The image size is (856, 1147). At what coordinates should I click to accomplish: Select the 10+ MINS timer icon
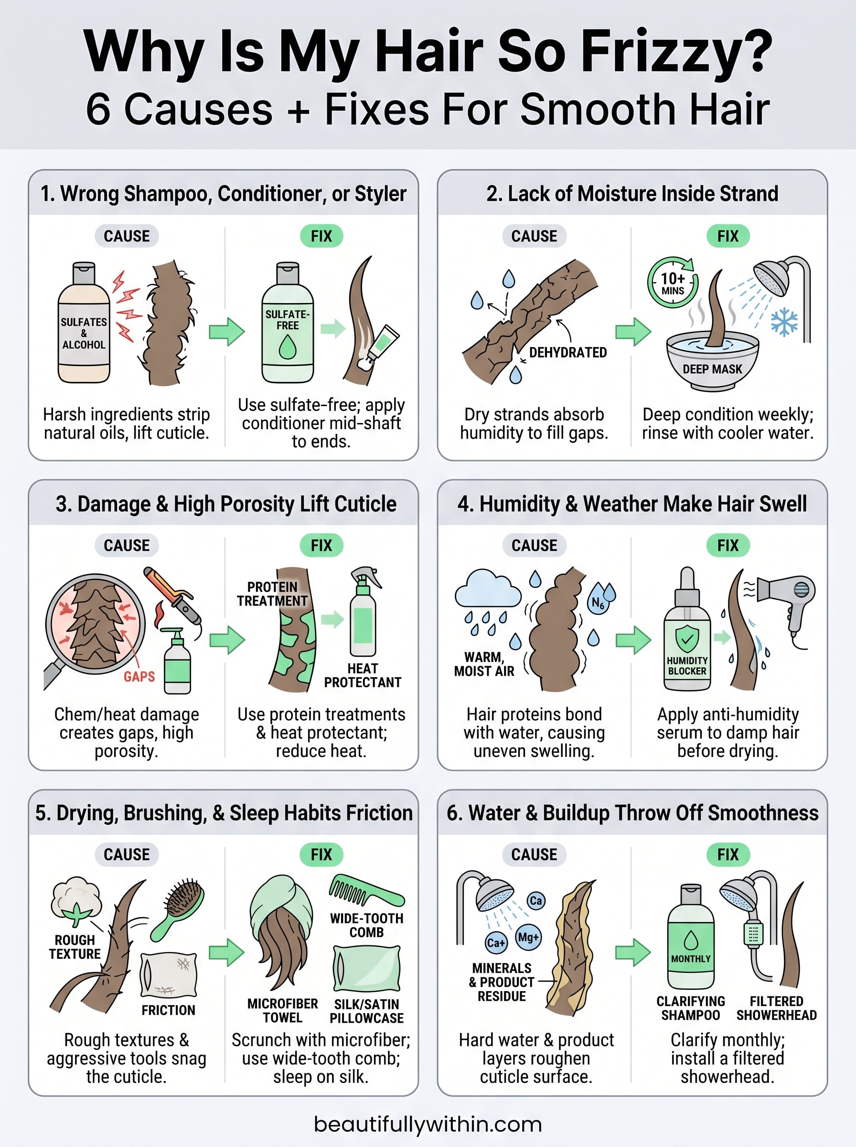[x=673, y=283]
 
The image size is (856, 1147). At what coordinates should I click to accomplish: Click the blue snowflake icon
[x=784, y=322]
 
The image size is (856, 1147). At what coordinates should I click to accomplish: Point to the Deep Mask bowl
[x=713, y=363]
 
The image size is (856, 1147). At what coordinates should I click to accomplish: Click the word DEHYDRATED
[x=568, y=352]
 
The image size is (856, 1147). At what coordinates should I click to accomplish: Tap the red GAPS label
[x=139, y=676]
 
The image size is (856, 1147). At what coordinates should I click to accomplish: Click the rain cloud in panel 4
[x=488, y=589]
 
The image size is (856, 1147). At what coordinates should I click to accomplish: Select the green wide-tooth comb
[x=366, y=891]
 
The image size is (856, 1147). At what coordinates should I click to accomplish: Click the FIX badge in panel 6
[x=728, y=855]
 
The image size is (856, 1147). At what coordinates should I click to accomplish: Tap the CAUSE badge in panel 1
[x=127, y=236]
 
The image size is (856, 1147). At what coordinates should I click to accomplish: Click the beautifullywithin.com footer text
[x=428, y=1124]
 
